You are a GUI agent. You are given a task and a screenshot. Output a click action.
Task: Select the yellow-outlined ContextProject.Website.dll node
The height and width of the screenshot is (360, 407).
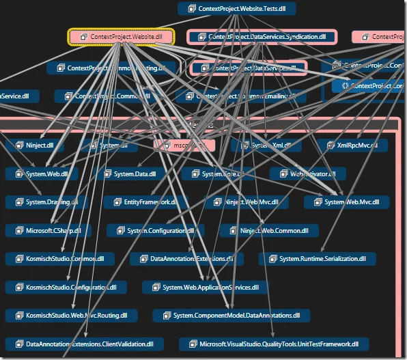point(122,37)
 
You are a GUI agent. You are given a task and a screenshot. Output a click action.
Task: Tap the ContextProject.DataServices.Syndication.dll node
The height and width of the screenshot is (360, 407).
point(262,37)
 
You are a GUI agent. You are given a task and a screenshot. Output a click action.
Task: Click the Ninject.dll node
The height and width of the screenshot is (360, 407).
point(35,146)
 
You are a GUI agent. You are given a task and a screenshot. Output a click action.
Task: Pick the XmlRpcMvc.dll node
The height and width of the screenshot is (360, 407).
point(352,146)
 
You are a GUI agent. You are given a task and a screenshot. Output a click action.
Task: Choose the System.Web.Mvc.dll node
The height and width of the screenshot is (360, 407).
point(346,202)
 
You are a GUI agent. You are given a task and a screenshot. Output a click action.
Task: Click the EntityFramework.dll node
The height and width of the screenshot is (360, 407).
point(141,202)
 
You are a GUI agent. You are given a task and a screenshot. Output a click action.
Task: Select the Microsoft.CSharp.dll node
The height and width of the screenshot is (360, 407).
point(47,230)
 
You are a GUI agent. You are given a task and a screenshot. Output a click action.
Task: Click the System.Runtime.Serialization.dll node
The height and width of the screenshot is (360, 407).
point(318,259)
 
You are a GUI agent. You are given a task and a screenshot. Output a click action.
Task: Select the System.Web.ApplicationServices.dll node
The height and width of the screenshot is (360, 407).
point(204,288)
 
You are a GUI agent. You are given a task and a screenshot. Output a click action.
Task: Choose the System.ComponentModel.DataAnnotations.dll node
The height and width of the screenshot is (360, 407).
point(230,316)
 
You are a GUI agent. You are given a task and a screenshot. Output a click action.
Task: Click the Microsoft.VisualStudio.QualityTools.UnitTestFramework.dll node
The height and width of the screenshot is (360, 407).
point(274,344)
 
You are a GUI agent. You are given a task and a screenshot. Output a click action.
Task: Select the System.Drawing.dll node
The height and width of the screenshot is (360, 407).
point(46,202)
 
